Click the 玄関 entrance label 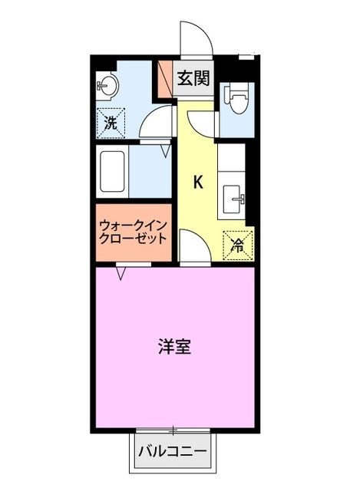193,77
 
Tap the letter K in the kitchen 197,183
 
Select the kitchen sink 233,200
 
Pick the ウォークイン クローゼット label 131,232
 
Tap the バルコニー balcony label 173,451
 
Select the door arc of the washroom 157,124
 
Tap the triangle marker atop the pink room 121,271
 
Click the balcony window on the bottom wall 174,430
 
